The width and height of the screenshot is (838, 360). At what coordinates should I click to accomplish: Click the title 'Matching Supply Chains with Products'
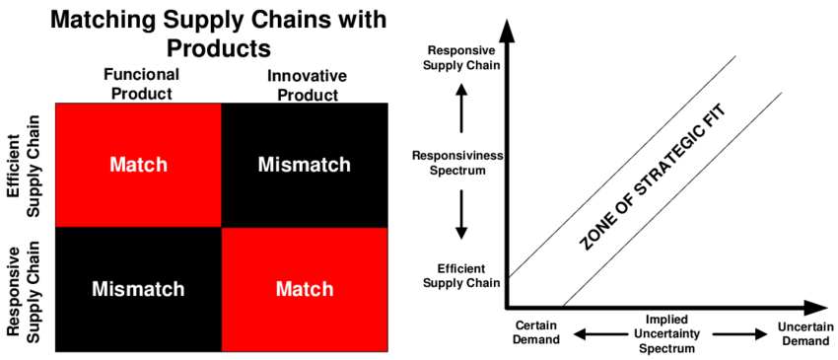218,34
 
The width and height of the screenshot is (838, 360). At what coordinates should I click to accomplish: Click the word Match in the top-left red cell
138,165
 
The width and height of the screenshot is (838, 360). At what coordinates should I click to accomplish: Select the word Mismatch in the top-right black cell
304,165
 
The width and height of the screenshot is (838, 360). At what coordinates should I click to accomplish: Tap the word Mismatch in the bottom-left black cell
138,289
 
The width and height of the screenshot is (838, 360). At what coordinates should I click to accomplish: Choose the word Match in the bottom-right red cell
304,289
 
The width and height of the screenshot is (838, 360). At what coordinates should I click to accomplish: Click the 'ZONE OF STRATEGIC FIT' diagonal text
646,184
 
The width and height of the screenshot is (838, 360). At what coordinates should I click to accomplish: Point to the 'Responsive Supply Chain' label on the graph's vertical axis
460,58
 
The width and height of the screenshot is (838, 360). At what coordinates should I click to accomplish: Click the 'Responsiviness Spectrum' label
460,163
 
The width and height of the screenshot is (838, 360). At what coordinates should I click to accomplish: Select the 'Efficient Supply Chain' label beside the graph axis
460,277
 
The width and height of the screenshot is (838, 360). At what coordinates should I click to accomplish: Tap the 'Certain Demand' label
537,333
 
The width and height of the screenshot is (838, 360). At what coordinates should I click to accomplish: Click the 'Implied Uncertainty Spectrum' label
661,333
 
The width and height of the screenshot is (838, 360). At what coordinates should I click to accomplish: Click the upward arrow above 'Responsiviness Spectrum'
460,108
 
